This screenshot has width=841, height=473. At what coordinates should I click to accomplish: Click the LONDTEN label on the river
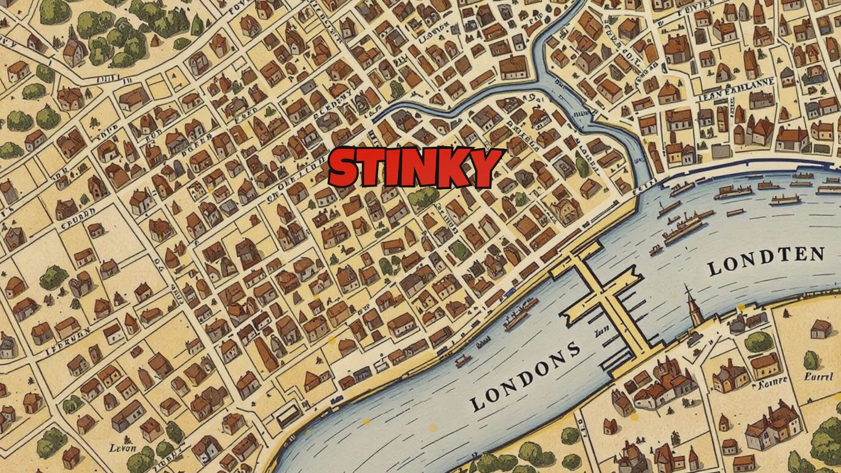766,261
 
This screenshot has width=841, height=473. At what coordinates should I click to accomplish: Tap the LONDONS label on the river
525,377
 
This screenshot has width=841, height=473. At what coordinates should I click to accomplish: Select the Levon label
123,448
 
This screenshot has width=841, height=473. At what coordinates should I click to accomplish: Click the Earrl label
818,376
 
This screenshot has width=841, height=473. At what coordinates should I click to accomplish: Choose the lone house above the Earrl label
820,328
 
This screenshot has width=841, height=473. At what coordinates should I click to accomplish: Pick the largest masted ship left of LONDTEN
683,228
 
